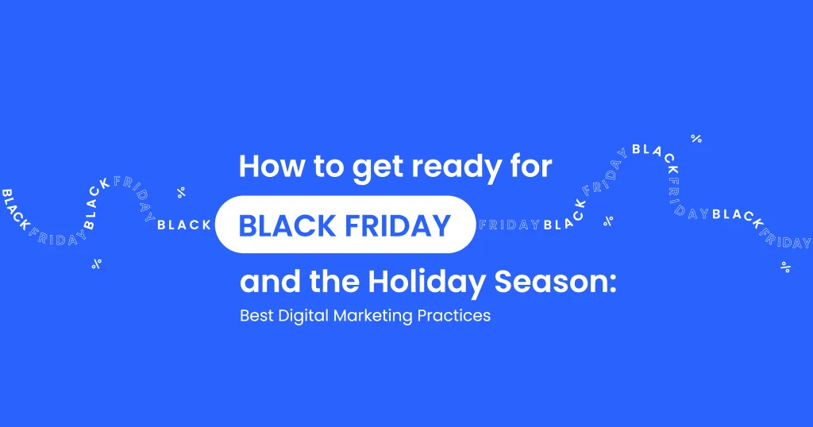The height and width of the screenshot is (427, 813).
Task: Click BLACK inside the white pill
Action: click(288, 226)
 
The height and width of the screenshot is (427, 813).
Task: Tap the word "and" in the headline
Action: click(268, 282)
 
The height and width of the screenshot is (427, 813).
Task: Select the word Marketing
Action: click(373, 317)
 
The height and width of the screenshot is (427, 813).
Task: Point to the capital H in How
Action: click(249, 167)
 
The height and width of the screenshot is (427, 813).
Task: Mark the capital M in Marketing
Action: click(340, 316)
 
